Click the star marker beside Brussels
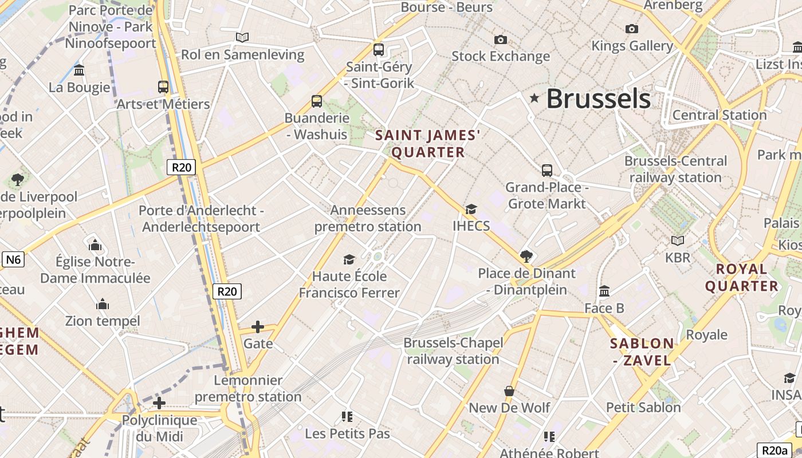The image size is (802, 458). (x=534, y=98)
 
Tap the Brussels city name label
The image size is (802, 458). (x=598, y=98)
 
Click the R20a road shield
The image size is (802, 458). (x=775, y=450)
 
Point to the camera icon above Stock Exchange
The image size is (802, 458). (x=501, y=40)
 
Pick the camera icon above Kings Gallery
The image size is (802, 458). (x=632, y=29)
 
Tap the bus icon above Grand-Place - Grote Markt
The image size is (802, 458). (x=547, y=171)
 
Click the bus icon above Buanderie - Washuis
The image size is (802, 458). (x=317, y=101)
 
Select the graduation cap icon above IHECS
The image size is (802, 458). (x=471, y=210)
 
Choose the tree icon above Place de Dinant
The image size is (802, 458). (x=526, y=256)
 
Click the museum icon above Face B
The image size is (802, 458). (x=604, y=291)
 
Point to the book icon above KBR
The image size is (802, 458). (x=678, y=241)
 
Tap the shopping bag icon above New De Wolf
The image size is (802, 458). (x=509, y=391)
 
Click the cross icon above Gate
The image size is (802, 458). (x=258, y=327)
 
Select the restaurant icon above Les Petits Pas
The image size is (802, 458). (x=347, y=416)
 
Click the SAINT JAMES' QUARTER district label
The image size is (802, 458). (x=427, y=144)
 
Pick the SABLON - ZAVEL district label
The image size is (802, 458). (x=642, y=352)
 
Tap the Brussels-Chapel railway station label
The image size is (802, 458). (x=453, y=351)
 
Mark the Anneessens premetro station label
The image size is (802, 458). (x=368, y=218)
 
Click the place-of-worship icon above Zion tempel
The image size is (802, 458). (x=103, y=303)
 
